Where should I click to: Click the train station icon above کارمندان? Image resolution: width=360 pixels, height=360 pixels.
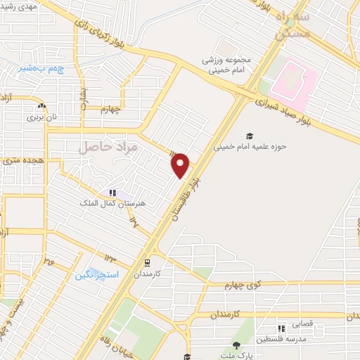click(x=147, y=262)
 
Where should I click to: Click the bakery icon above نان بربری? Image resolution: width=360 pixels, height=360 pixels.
click(x=41, y=107)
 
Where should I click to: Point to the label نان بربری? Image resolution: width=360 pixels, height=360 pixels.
click(x=41, y=117)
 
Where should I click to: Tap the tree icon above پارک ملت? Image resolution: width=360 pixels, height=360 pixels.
click(x=236, y=345)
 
